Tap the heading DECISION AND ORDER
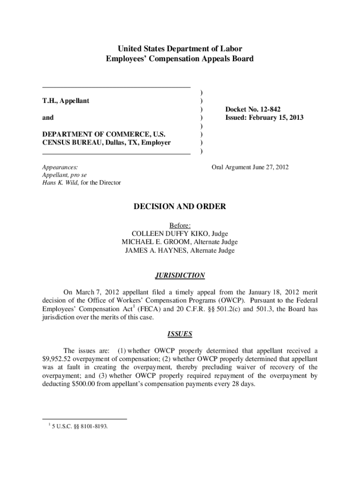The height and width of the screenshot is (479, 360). pos(180,206)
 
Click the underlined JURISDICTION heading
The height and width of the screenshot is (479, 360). pos(180,276)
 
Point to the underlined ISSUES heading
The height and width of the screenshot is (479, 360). pos(180,334)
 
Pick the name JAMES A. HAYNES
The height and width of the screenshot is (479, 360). pos(152,250)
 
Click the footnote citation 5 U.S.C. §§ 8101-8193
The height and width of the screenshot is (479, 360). pos(80,426)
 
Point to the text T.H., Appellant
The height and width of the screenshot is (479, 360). pos(66,101)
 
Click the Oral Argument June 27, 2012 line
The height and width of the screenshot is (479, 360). pos(250,167)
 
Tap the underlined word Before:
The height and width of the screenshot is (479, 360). pos(180,225)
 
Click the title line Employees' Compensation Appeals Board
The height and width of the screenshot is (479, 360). pos(180,58)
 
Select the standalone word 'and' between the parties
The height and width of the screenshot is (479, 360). pos(48,117)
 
